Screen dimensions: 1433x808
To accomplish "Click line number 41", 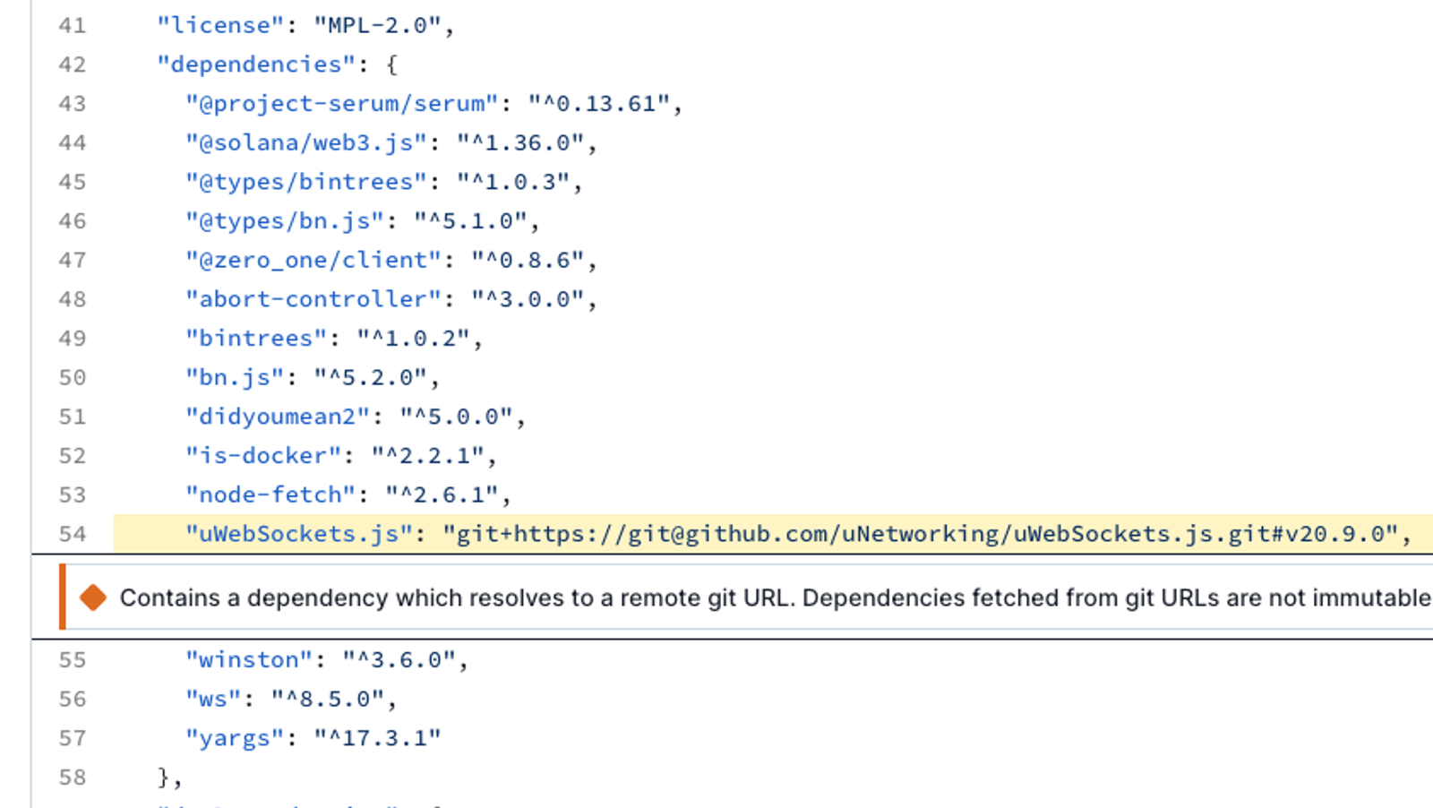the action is (x=72, y=26).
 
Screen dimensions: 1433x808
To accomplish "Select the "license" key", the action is (x=220, y=26).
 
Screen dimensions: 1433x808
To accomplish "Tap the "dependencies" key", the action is (x=256, y=64).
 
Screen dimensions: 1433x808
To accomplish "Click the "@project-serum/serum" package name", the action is (x=341, y=104).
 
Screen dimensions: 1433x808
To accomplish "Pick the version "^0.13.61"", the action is (x=599, y=104).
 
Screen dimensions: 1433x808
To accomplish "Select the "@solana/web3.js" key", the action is (x=305, y=142).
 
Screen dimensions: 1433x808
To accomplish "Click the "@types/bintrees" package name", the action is (x=305, y=182).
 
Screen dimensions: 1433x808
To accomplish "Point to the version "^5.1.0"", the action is (x=470, y=221).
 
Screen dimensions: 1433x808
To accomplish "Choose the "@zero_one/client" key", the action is (x=313, y=261).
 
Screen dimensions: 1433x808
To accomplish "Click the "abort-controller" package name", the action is (x=313, y=299).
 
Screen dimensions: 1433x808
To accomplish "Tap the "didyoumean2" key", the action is (x=278, y=417).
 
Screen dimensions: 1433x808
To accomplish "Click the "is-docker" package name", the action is (x=263, y=456).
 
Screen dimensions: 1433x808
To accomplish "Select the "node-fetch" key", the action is (x=270, y=495).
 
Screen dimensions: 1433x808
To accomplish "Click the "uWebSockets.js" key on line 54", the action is (x=299, y=534).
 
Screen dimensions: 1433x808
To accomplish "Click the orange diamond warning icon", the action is (x=93, y=597).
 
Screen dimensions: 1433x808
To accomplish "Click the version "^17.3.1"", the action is (x=377, y=738).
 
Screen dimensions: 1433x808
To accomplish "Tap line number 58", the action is (x=72, y=778).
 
